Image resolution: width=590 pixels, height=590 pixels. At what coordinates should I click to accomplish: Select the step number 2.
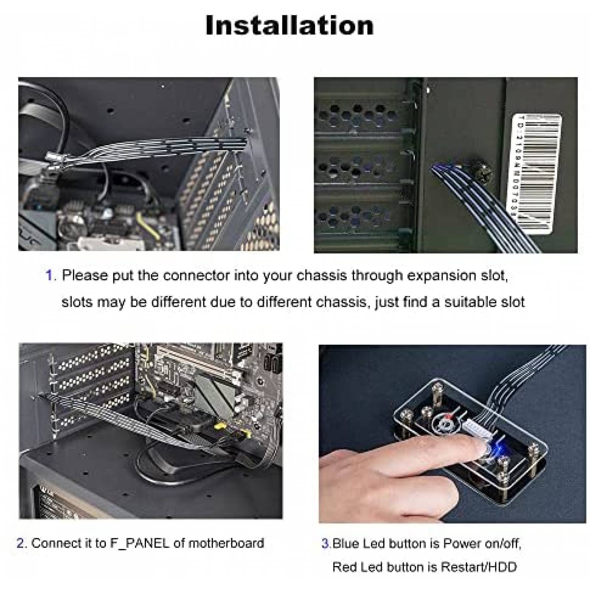(21, 543)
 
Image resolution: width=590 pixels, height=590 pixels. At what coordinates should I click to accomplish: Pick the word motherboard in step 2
(226, 543)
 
